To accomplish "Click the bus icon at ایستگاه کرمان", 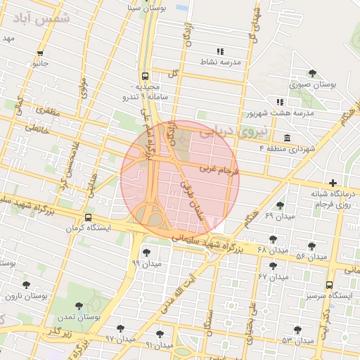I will click(88, 218).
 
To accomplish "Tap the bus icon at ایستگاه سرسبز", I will click(329, 285).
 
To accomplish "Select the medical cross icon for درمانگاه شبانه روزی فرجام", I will click(333, 184).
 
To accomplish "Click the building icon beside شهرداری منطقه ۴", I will click(287, 138).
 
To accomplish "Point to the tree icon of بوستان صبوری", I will click(312, 73).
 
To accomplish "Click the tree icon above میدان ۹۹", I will click(146, 252).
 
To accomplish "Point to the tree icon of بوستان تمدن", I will click(77, 306).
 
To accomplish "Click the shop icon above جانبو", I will click(40, 53).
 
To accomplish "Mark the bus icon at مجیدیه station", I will click(145, 76).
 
